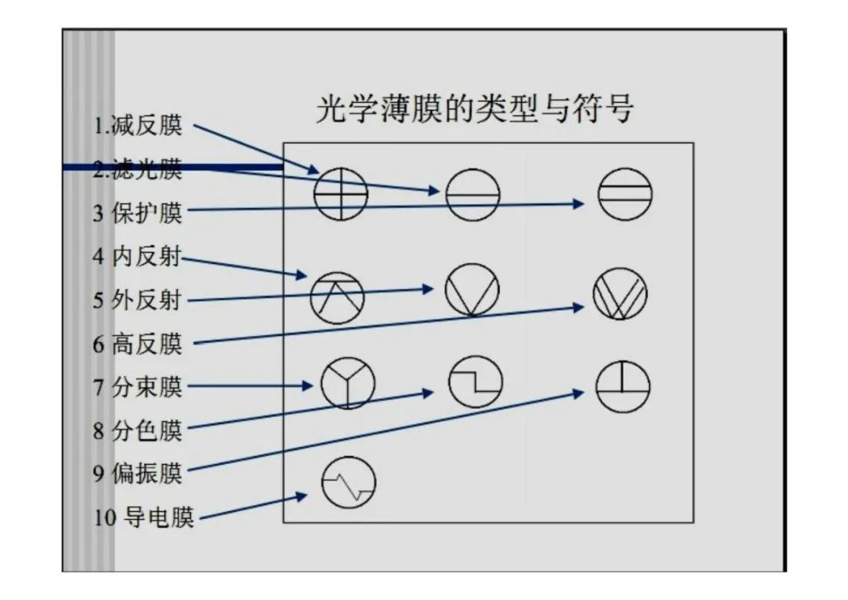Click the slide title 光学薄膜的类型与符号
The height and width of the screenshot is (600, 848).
(474, 109)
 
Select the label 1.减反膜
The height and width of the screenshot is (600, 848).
(138, 126)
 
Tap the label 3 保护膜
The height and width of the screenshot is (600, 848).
(138, 212)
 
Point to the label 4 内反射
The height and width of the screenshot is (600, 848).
(138, 257)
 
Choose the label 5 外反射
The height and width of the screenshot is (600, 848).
(138, 300)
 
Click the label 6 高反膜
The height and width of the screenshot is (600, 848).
(138, 343)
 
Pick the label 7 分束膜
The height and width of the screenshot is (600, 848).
(138, 386)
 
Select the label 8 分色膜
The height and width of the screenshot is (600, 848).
(138, 430)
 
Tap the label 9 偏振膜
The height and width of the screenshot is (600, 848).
(138, 474)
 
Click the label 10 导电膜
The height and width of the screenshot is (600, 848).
(144, 518)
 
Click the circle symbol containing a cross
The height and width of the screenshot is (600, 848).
(340, 193)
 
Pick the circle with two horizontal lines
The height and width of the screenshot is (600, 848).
(625, 193)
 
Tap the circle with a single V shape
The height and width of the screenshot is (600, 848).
(472, 289)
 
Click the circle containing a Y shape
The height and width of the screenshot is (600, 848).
(347, 383)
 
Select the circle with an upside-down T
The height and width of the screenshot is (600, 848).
(623, 386)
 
